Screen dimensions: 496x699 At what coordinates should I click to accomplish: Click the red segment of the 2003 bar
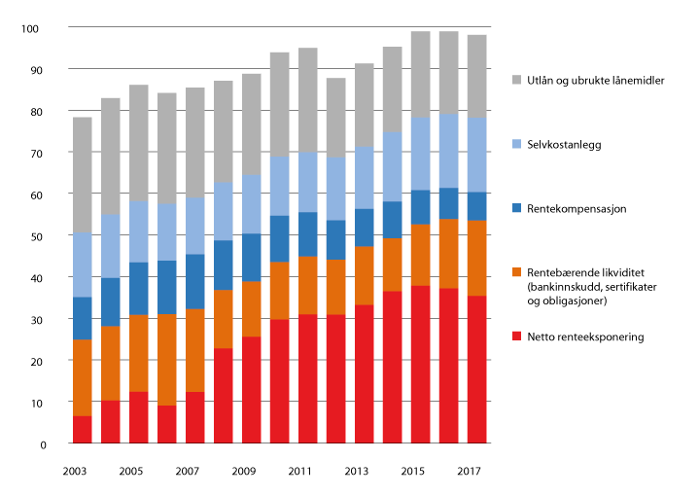(x=82, y=430)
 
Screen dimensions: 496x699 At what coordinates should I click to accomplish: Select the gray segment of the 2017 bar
(x=477, y=77)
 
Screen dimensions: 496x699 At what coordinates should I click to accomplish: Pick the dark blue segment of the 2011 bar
(x=307, y=234)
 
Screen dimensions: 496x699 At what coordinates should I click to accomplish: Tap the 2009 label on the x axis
(x=242, y=471)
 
